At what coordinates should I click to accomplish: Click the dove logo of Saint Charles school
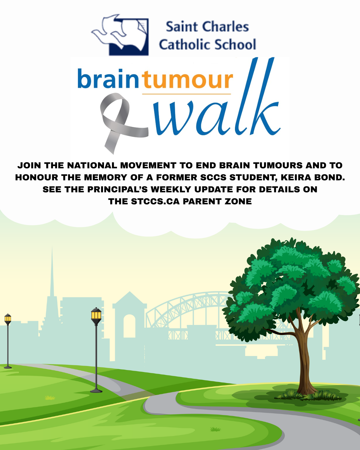120,35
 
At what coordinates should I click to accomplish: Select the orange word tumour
187,79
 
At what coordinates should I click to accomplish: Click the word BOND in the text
328,178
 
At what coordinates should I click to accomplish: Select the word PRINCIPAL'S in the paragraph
118,189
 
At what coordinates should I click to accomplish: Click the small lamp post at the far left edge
8,341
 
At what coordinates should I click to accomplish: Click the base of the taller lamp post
96,391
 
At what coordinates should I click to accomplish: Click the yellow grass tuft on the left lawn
50,398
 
